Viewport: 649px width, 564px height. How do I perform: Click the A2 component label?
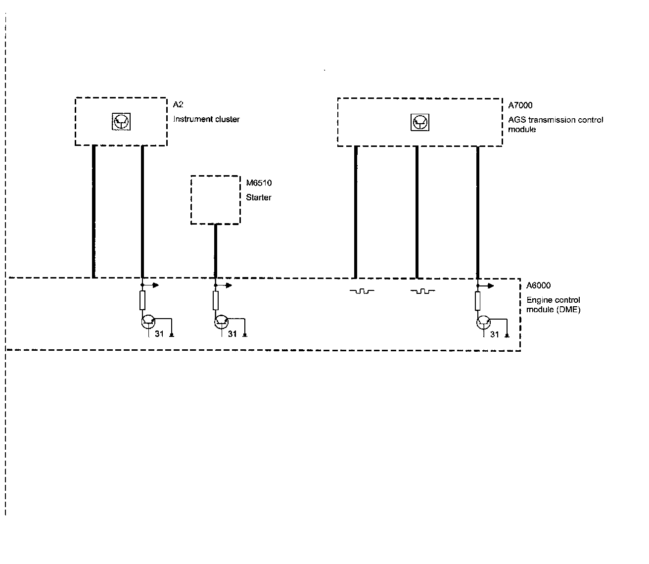point(178,105)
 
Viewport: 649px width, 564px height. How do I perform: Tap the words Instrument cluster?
point(206,119)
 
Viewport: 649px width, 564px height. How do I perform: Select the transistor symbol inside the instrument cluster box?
point(121,121)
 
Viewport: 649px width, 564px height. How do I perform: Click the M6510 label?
point(259,183)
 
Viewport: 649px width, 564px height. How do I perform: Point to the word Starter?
point(259,197)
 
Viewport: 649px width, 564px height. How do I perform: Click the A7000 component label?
point(520,105)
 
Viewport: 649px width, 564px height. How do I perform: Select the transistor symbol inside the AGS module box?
point(420,122)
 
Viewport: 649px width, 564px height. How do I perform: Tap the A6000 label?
point(538,285)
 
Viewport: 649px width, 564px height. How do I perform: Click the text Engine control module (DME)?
point(553,305)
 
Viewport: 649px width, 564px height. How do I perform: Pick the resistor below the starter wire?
point(216,300)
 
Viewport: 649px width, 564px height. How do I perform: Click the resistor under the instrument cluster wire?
point(142,300)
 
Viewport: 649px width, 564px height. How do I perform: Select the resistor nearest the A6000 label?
point(478,301)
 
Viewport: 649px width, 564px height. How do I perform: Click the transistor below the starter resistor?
point(221,322)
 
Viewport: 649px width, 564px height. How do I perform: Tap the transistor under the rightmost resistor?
point(483,323)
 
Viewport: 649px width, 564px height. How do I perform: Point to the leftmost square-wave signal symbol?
point(362,291)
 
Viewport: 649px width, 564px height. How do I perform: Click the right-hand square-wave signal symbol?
point(423,291)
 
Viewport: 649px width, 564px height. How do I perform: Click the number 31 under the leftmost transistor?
point(159,334)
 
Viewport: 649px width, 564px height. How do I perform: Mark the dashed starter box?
point(216,200)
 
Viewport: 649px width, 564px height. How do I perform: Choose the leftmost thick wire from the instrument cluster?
point(93,211)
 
